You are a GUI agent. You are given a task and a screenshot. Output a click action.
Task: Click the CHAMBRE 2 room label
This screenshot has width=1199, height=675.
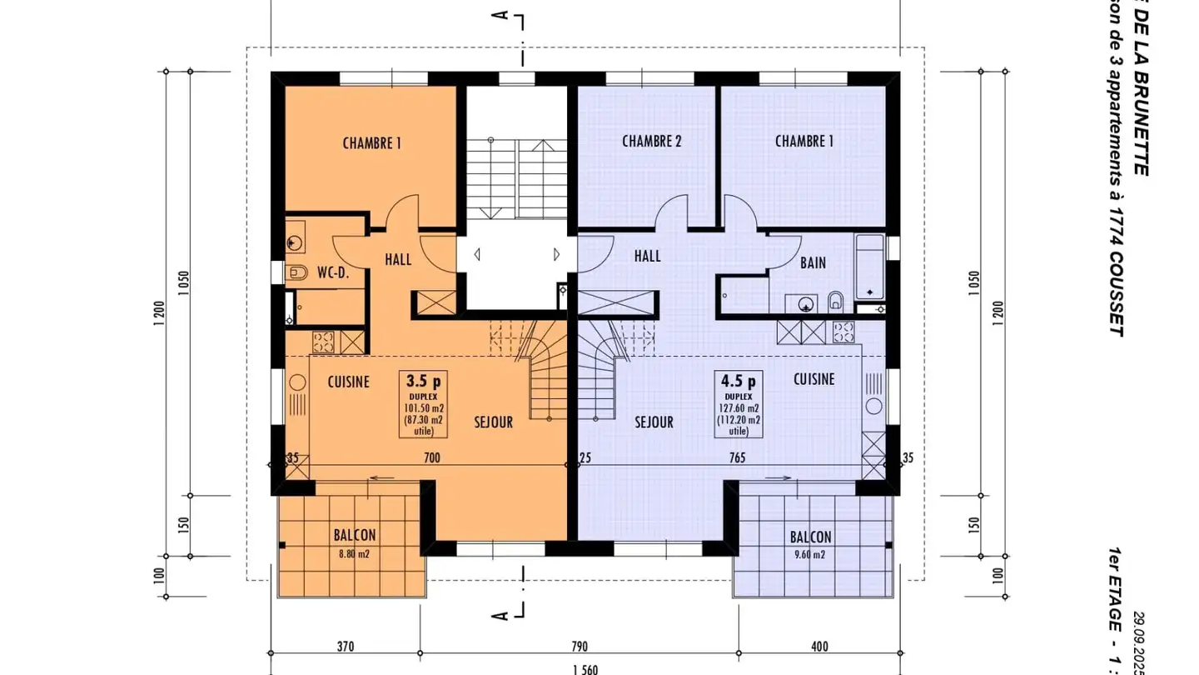[652, 142]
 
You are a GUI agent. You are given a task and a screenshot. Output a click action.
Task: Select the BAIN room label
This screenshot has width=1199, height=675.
[813, 262]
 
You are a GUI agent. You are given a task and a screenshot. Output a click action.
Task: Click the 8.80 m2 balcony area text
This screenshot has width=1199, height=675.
[355, 553]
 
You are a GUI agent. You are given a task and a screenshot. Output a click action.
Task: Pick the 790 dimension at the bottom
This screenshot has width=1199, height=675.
[580, 646]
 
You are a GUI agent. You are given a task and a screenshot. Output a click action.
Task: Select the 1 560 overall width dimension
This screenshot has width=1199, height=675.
[584, 669]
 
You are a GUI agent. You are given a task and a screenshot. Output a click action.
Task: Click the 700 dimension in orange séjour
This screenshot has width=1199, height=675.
[431, 457]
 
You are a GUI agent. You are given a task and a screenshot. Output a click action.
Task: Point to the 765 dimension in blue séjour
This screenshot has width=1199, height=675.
[737, 457]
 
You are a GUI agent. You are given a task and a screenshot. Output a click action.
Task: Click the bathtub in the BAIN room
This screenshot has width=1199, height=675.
[870, 266]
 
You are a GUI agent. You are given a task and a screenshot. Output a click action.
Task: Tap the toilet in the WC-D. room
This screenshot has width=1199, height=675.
[296, 272]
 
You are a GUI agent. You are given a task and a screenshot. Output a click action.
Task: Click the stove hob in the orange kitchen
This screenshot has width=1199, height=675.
[323, 341]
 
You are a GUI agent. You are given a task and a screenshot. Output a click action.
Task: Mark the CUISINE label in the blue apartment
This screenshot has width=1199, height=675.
[813, 379]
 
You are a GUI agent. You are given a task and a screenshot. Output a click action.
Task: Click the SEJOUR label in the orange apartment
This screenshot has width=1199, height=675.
[493, 422]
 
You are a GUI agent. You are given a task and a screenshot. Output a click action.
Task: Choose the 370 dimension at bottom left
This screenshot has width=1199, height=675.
[346, 646]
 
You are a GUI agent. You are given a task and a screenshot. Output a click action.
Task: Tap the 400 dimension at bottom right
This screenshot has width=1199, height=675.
[818, 646]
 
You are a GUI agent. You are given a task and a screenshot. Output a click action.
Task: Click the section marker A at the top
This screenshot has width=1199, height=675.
[500, 15]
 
